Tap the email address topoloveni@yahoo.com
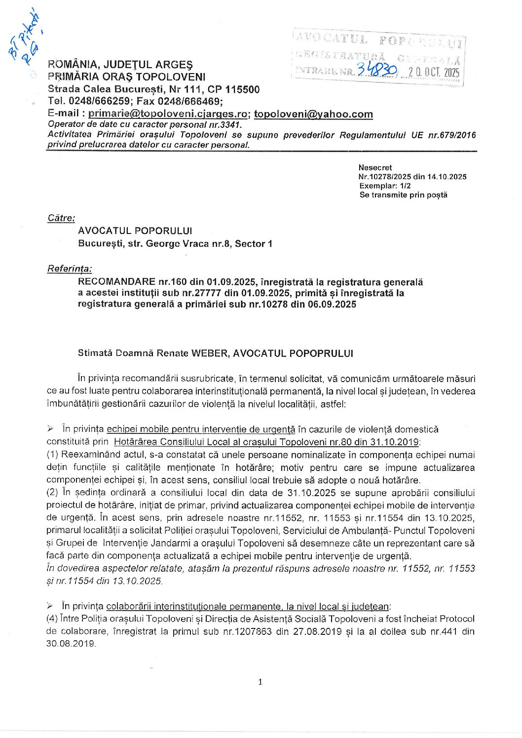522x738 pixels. (x=313, y=114)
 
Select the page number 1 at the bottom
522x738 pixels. (x=261, y=682)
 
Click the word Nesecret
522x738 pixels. (x=375, y=168)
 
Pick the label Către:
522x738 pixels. (x=61, y=218)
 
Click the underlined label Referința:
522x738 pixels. (x=70, y=269)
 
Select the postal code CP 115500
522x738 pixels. (x=234, y=89)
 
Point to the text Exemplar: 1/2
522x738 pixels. (x=385, y=186)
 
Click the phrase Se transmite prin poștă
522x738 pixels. (x=403, y=194)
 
